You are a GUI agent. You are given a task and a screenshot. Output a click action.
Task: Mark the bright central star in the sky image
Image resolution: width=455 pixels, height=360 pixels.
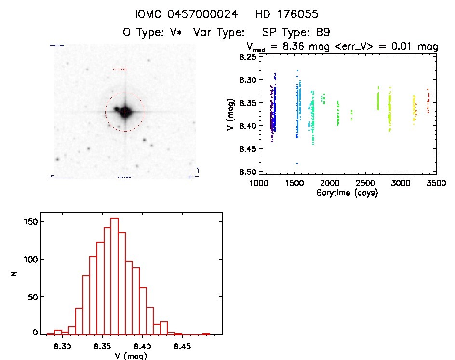click(125, 112)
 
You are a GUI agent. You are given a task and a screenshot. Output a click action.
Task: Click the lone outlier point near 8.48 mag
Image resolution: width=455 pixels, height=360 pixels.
click(297, 163)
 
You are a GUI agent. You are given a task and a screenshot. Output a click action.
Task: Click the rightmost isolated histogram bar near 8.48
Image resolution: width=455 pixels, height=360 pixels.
click(206, 334)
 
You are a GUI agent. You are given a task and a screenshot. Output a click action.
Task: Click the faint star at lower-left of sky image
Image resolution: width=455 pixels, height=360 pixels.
click(57, 159)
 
